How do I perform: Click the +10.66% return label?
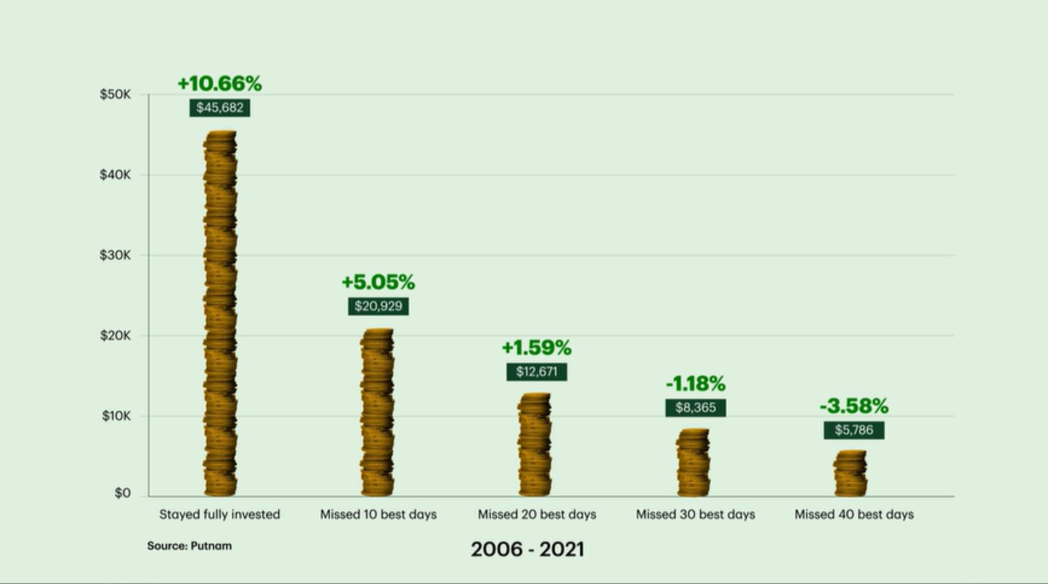[x=219, y=83]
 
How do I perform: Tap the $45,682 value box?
[x=219, y=108]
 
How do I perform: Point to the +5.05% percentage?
[x=378, y=282]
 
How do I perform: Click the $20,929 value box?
[x=378, y=306]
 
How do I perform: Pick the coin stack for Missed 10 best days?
[x=377, y=412]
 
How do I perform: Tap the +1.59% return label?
[x=537, y=348]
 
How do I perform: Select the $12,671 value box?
[x=537, y=371]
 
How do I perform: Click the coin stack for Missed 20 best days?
[x=535, y=445]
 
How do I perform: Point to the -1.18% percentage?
[x=696, y=383]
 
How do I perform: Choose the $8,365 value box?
[x=696, y=407]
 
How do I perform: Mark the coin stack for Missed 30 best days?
[x=693, y=462]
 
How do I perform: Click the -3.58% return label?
[x=854, y=406]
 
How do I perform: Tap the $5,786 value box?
[x=854, y=430]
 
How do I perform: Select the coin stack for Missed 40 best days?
[x=851, y=473]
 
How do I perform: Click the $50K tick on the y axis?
[x=115, y=94]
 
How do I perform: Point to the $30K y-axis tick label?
[x=115, y=255]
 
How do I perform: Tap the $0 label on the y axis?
[x=122, y=493]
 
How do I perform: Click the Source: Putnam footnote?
[x=189, y=546]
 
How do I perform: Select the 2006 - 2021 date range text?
[x=527, y=549]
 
